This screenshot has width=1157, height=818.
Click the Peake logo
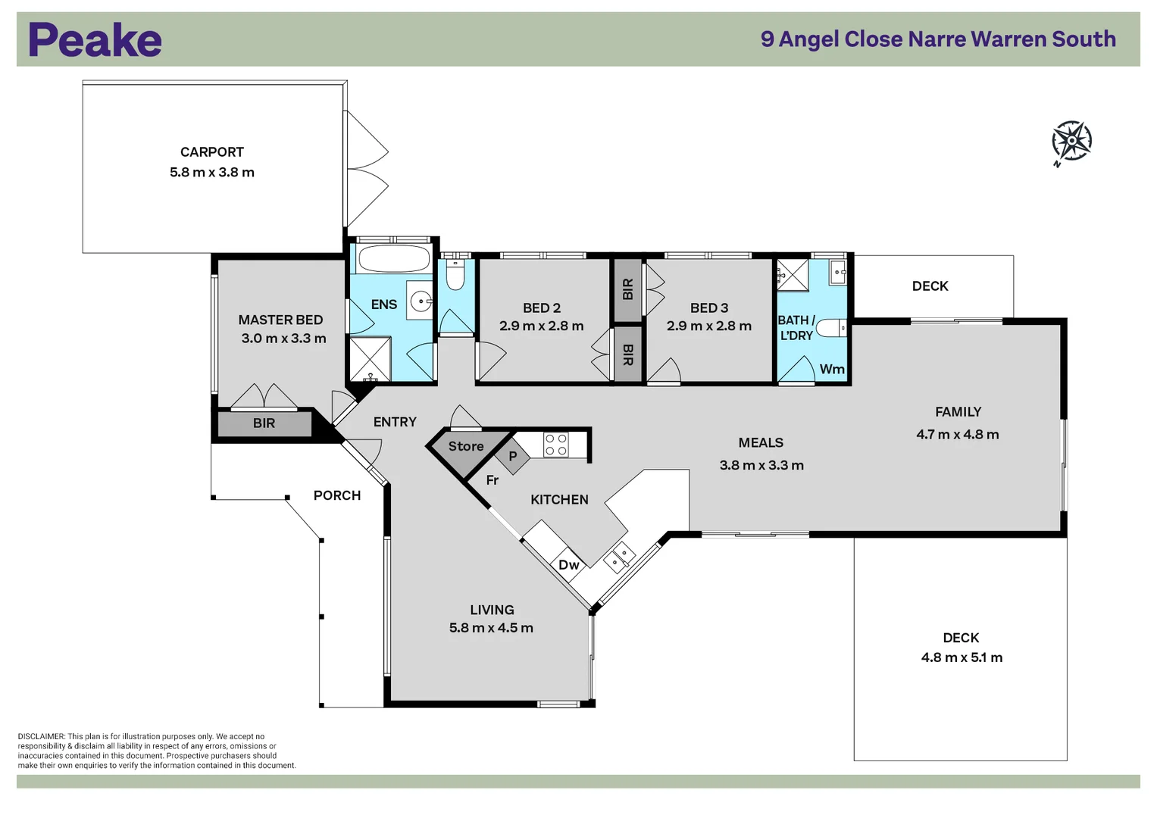pos(95,40)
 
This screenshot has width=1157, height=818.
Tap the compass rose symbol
pos(1071,141)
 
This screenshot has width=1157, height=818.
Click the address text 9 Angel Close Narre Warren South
pos(938,39)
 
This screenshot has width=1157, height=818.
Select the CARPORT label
pos(212,152)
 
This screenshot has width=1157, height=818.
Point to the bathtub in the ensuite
pos(393,258)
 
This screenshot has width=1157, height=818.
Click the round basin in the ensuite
pos(421,301)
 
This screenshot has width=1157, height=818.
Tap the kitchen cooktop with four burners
pos(556,445)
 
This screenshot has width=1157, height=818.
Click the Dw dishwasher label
pos(568,565)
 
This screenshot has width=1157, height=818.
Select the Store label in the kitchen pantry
pos(466,447)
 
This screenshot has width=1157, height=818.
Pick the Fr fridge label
pos(493,480)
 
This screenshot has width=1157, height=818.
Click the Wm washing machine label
pos(831,370)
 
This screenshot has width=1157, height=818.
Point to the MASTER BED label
pos(280,320)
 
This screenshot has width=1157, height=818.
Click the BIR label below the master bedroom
pos(264,423)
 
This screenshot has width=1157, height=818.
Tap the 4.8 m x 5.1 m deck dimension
pos(962,657)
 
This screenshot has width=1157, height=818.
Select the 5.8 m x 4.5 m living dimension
pos(491,628)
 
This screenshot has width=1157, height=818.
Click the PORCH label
pos(337,495)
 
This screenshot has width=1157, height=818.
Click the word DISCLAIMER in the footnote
pos(41,736)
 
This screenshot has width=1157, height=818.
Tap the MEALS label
pos(761,443)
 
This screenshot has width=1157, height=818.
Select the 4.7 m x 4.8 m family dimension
pos(957,435)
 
